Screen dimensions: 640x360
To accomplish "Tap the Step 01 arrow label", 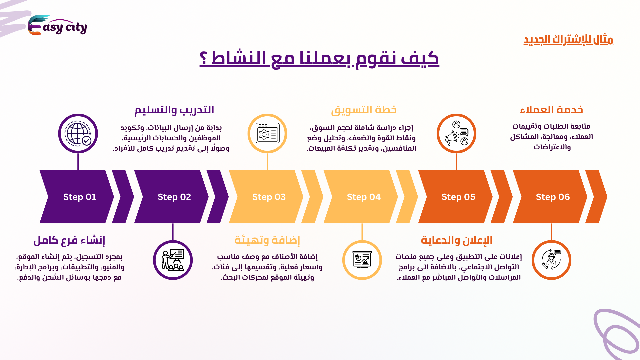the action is (x=80, y=197).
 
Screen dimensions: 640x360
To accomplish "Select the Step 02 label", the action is (x=174, y=197).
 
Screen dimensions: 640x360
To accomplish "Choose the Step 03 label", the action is (x=269, y=197).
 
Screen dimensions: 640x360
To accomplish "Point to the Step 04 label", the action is (x=364, y=197).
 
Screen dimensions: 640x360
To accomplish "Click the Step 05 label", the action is (x=458, y=197).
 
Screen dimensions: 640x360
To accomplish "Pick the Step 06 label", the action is (x=553, y=197).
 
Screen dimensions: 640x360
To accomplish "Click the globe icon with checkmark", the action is (x=78, y=134).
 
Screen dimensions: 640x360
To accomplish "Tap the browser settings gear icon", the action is (x=268, y=133).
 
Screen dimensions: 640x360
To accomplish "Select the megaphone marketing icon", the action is (x=456, y=133).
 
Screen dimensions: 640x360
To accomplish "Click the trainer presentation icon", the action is (x=173, y=260).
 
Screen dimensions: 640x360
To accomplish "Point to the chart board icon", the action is (x=362, y=260).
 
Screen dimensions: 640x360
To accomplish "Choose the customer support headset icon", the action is (x=551, y=260).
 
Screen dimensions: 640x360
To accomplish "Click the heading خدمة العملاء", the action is (x=552, y=110).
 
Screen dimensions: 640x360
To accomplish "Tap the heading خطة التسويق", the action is (x=364, y=110).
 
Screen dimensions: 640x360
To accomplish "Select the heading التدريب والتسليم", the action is (x=174, y=110).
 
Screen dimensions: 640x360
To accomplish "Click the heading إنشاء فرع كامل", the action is (x=69, y=240).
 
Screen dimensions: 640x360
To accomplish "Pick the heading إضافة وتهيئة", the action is (x=267, y=240).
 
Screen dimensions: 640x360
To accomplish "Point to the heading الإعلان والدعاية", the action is (x=457, y=240).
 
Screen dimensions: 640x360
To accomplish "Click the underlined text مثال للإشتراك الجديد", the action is (x=568, y=40).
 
